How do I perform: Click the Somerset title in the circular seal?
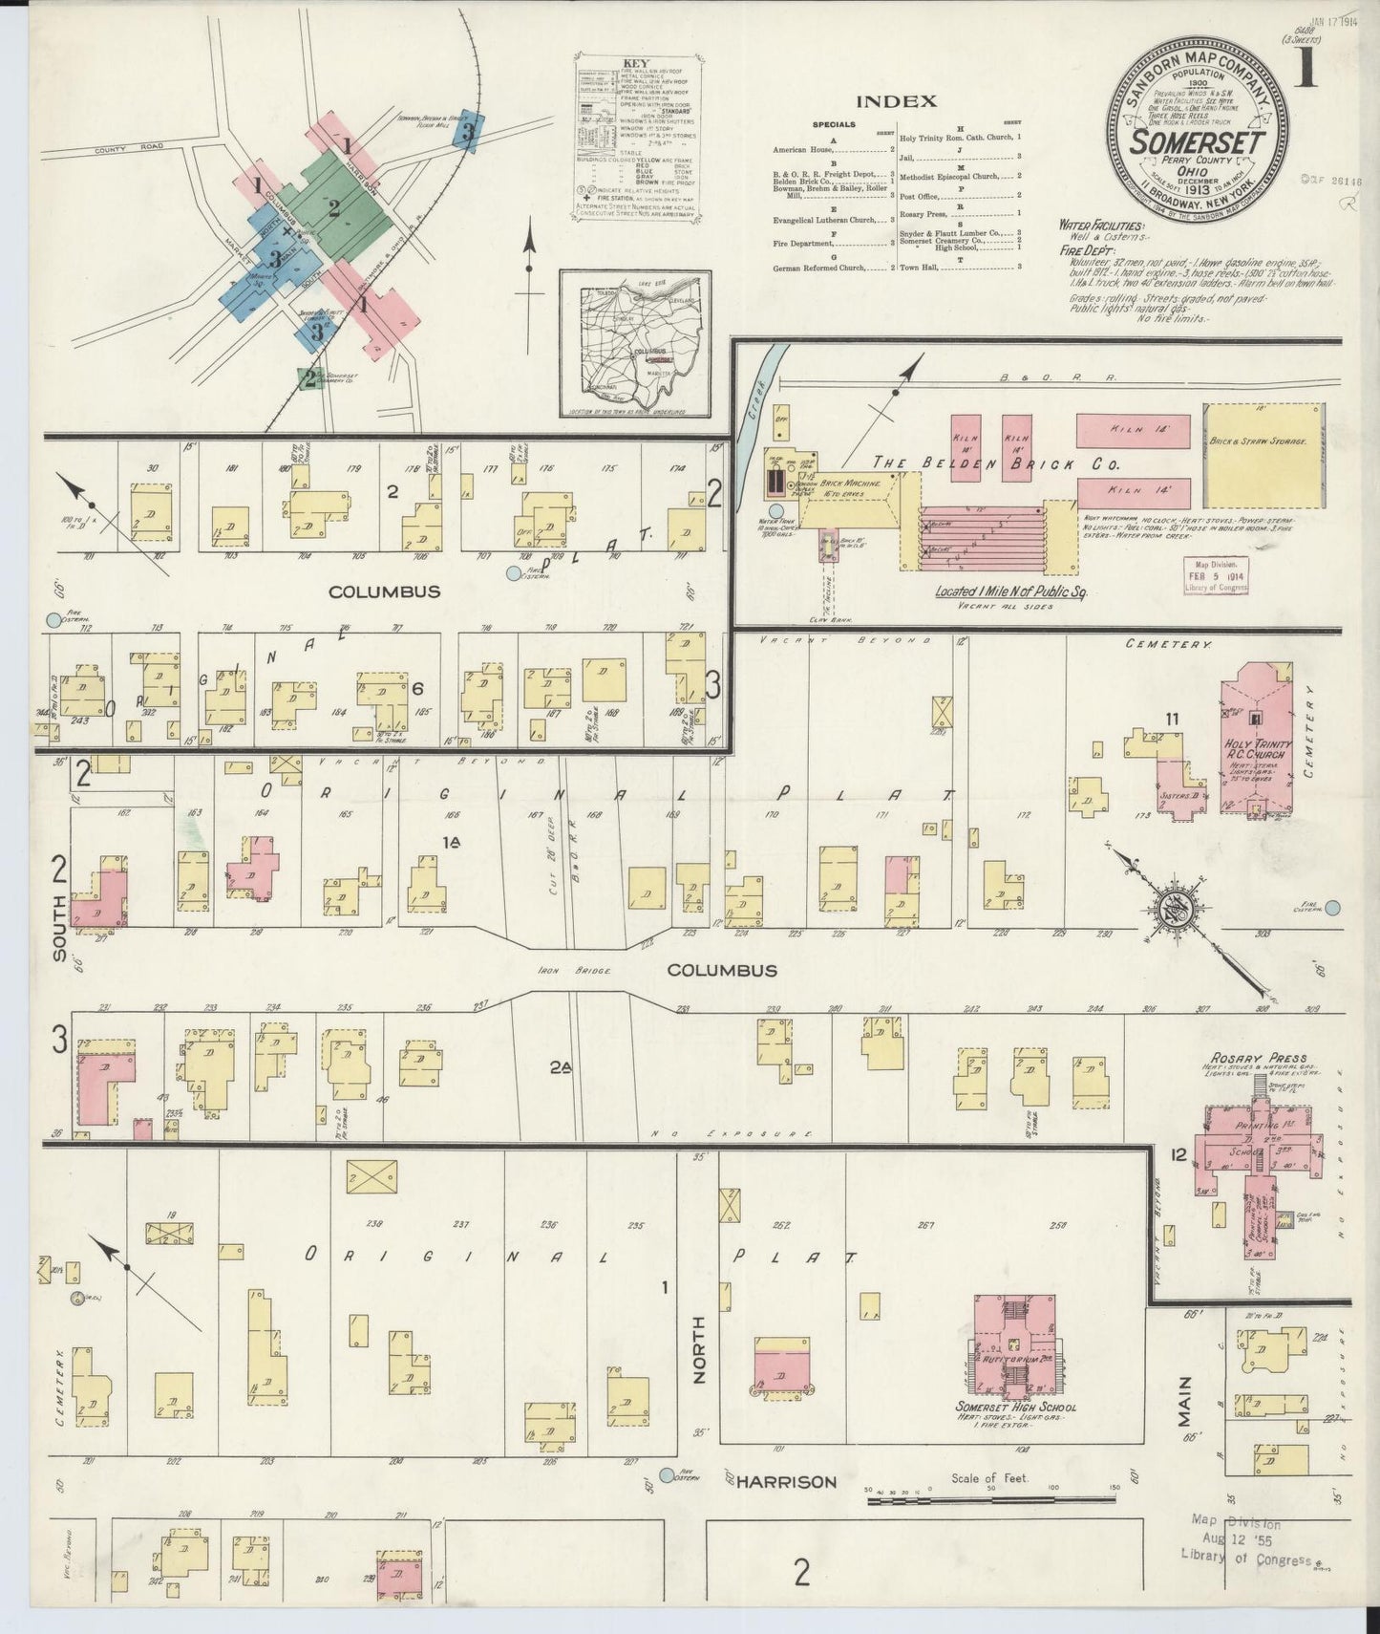[1198, 141]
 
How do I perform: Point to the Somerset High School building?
[1014, 1345]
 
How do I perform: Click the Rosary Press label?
[1244, 1057]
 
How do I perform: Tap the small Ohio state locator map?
[635, 344]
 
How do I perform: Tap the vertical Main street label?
[1185, 1396]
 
